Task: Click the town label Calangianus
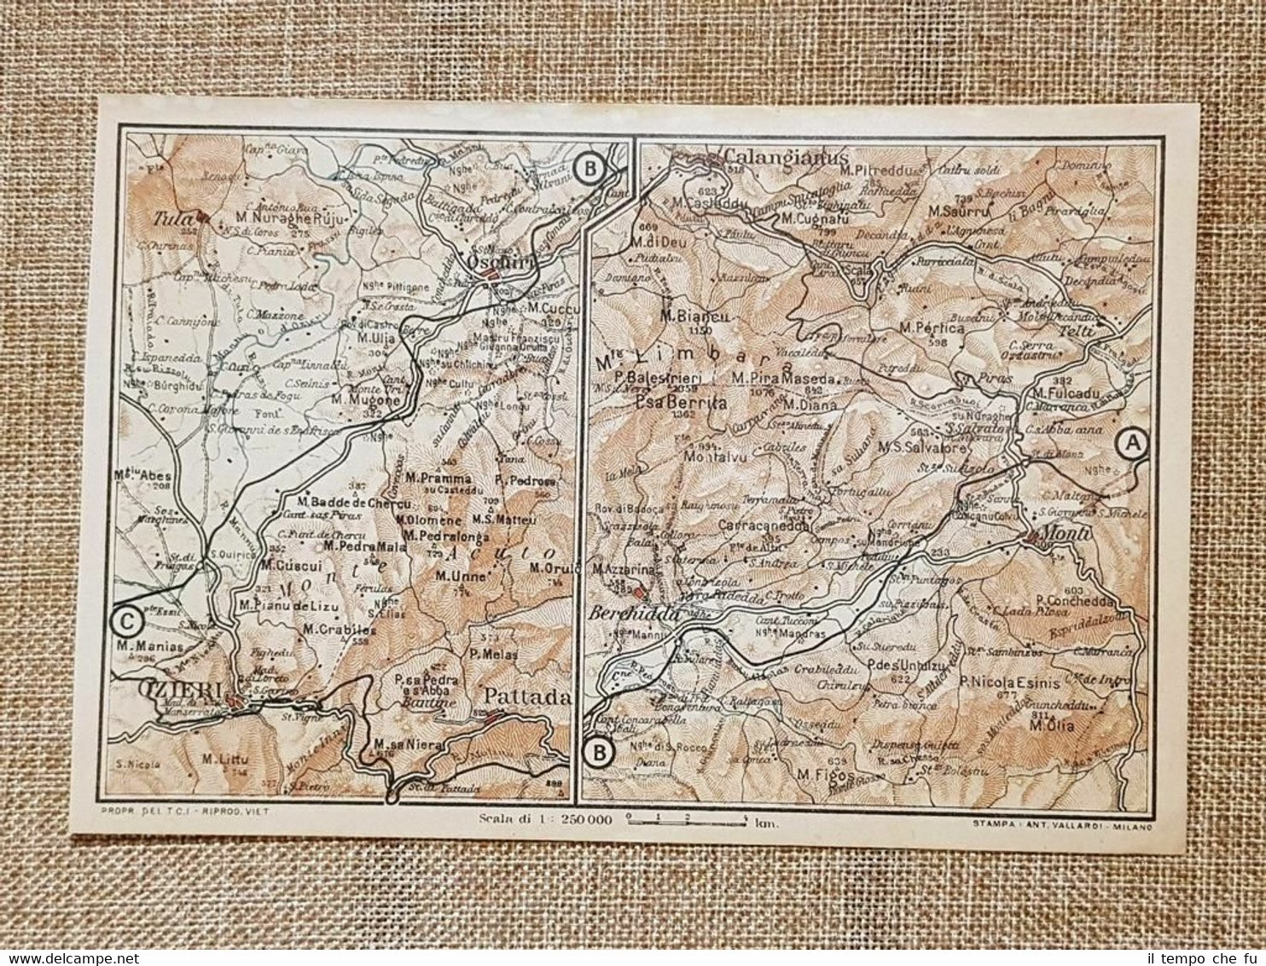(786, 158)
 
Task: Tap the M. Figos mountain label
(816, 774)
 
